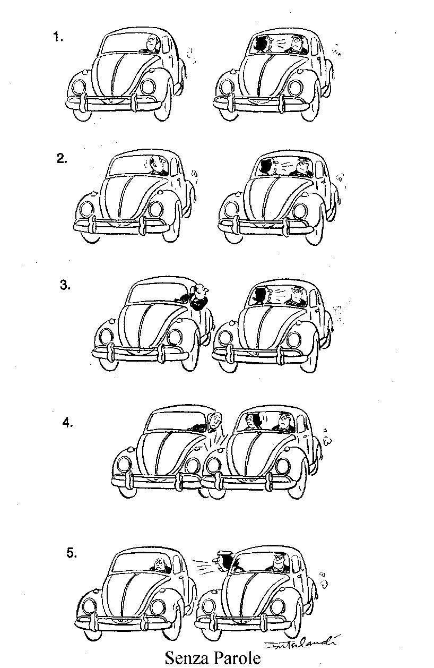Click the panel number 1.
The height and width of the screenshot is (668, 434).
pyautogui.click(x=58, y=37)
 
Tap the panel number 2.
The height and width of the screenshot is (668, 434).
pyautogui.click(x=62, y=158)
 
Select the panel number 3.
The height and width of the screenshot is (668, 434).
pyautogui.click(x=65, y=285)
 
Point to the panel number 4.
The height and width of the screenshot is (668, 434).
pyautogui.click(x=67, y=423)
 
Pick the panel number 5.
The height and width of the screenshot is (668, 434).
pyautogui.click(x=72, y=553)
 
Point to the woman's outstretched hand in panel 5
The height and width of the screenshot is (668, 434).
pyautogui.click(x=216, y=560)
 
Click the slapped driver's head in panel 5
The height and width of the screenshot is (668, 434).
pyautogui.click(x=159, y=564)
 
